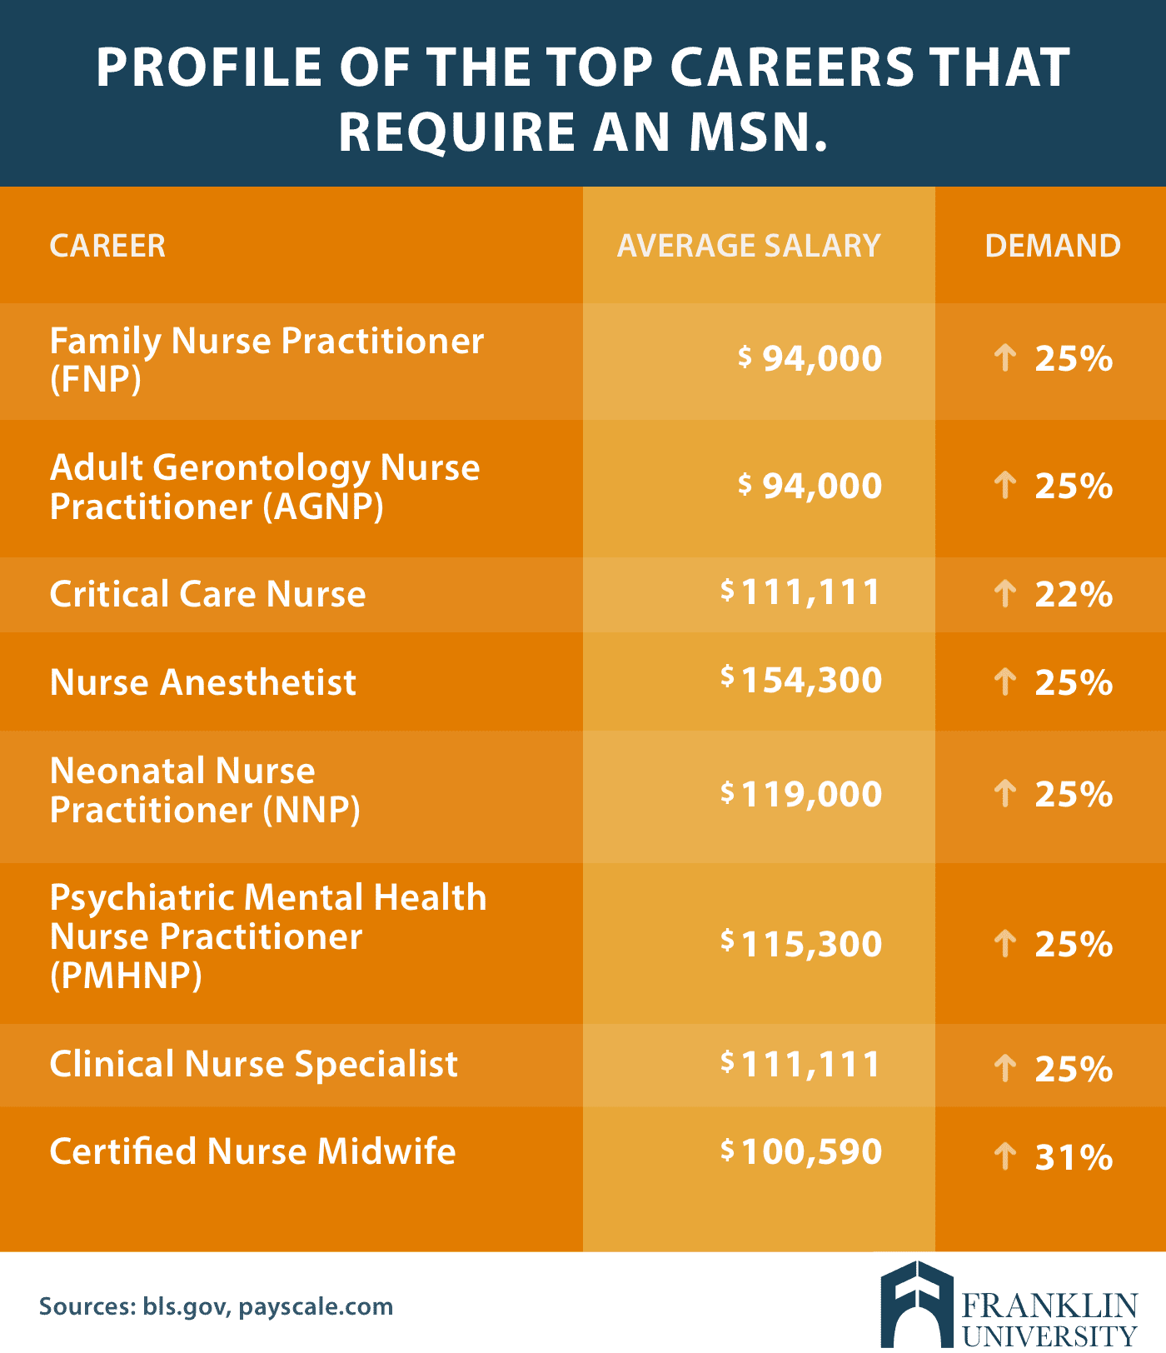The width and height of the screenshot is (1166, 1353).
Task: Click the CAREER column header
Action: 107,246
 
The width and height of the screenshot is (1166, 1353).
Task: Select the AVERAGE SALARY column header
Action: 748,246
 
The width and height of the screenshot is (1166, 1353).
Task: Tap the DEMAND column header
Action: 1052,246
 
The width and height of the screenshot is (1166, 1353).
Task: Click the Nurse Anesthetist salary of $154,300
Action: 801,680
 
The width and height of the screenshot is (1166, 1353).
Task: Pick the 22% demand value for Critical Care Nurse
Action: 1073,594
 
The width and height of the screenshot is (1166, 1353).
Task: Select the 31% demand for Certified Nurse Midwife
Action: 1073,1157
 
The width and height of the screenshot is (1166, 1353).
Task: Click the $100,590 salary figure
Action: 801,1151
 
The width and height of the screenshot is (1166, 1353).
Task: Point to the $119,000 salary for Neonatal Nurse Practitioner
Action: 801,794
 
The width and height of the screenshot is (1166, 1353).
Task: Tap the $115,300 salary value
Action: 801,944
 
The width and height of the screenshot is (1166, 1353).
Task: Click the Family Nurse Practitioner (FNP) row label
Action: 267,359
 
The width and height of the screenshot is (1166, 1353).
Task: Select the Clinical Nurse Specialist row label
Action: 253,1064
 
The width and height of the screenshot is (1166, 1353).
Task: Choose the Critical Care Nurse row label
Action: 207,594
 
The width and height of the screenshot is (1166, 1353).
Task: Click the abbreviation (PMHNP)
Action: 126,976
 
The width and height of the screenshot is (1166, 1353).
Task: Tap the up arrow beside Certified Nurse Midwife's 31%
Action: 1005,1156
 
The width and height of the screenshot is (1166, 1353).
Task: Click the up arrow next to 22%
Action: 1005,593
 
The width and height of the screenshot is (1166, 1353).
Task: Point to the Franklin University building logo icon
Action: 916,1305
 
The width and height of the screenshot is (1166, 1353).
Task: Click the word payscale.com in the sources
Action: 316,1306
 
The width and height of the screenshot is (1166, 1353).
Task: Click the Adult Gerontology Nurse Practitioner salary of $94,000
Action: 810,486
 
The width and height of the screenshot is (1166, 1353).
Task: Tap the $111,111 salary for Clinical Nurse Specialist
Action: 801,1064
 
